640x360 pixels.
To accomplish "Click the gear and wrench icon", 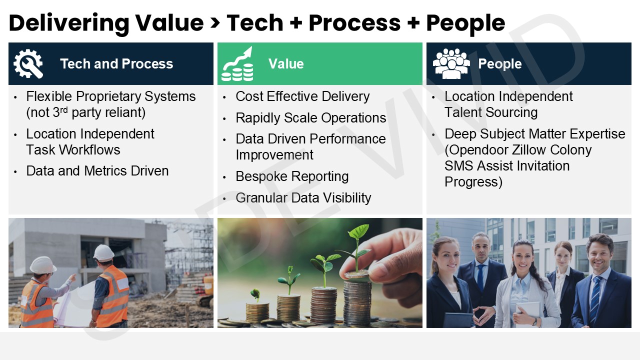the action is click(28, 63).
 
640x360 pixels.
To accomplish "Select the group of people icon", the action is click(451, 63).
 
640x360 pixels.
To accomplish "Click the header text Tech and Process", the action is click(116, 63).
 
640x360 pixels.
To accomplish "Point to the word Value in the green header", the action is click(286, 63).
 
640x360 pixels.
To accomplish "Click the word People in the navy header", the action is click(500, 63).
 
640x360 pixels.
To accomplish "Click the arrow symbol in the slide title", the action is click(215, 23).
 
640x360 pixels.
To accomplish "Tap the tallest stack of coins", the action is click(357, 303).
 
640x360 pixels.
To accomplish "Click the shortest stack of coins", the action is click(257, 313).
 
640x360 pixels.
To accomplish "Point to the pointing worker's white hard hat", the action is click(43, 265).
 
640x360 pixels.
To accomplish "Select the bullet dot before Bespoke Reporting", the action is click(224, 177).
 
